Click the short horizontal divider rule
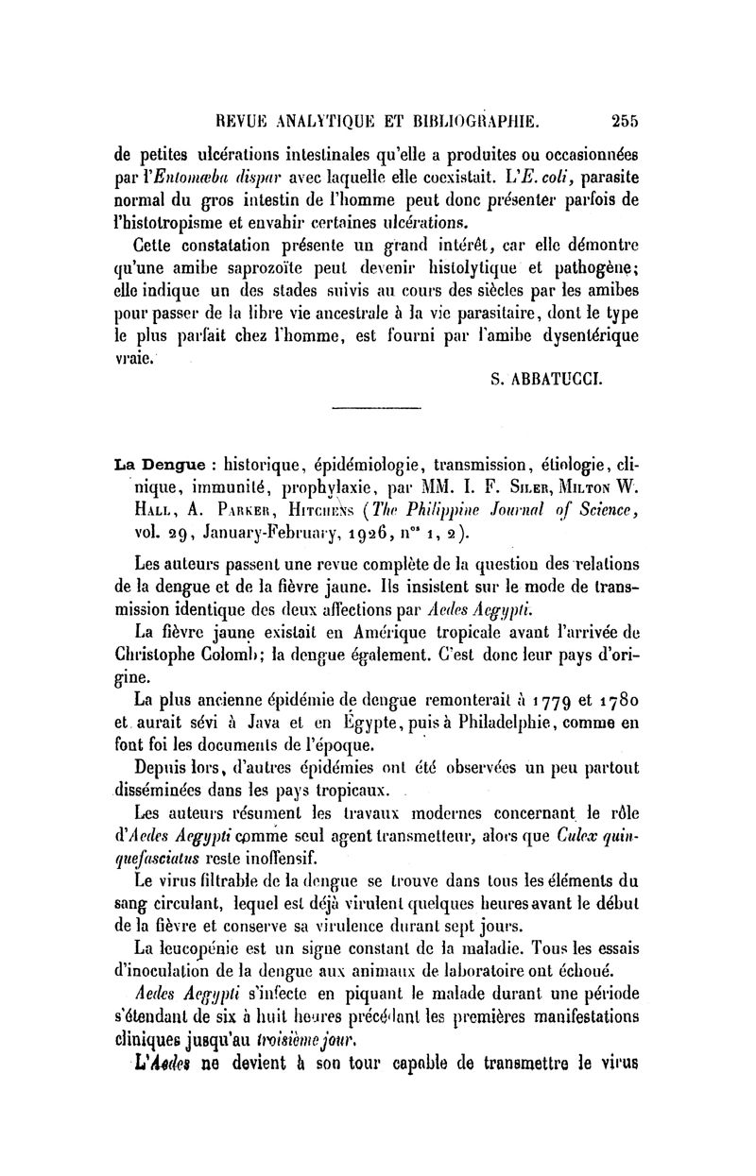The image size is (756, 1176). [x=376, y=407]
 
